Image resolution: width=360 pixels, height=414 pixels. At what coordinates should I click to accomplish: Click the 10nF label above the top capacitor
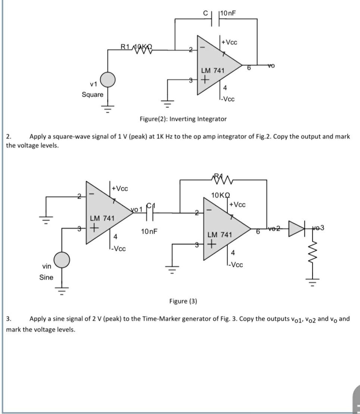click(x=229, y=14)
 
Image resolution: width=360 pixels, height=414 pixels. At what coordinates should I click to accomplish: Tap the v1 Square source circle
click(x=108, y=80)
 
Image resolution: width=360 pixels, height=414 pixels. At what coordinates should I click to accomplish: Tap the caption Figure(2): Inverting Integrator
click(x=183, y=119)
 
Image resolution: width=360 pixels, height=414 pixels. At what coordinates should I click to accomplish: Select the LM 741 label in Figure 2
click(x=212, y=71)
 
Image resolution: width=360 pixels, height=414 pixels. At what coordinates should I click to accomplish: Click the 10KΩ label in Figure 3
click(x=221, y=195)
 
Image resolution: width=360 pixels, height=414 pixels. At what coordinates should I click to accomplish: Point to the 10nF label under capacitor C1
click(x=149, y=231)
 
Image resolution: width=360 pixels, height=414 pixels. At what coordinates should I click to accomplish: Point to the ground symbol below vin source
click(x=62, y=290)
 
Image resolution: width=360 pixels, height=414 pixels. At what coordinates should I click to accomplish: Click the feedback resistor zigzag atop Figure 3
click(x=223, y=181)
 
